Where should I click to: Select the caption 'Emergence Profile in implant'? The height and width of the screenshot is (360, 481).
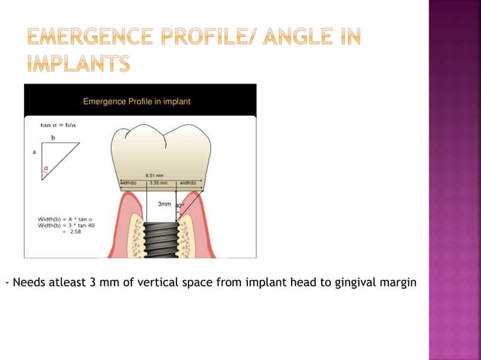tap(136, 101)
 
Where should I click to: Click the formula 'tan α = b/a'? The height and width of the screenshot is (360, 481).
tap(57, 125)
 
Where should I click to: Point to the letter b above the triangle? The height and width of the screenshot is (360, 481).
tap(53, 139)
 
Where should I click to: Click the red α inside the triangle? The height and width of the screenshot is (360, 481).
tap(46, 169)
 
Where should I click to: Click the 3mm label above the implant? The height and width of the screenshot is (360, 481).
tap(165, 204)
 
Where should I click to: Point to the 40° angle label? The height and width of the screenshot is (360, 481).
tap(179, 205)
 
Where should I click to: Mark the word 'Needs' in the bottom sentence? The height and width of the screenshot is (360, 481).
tap(25, 283)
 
